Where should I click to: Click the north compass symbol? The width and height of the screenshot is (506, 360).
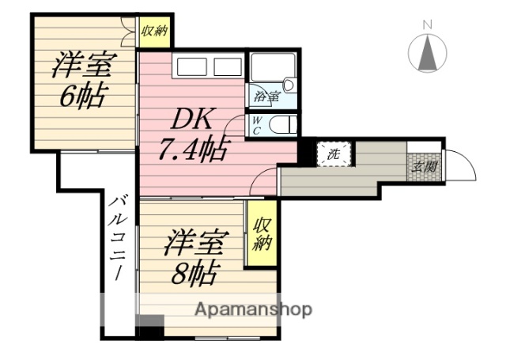(x=428, y=54)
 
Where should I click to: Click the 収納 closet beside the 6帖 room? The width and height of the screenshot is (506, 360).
(x=154, y=32)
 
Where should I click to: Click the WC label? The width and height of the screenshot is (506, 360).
(x=258, y=125)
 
